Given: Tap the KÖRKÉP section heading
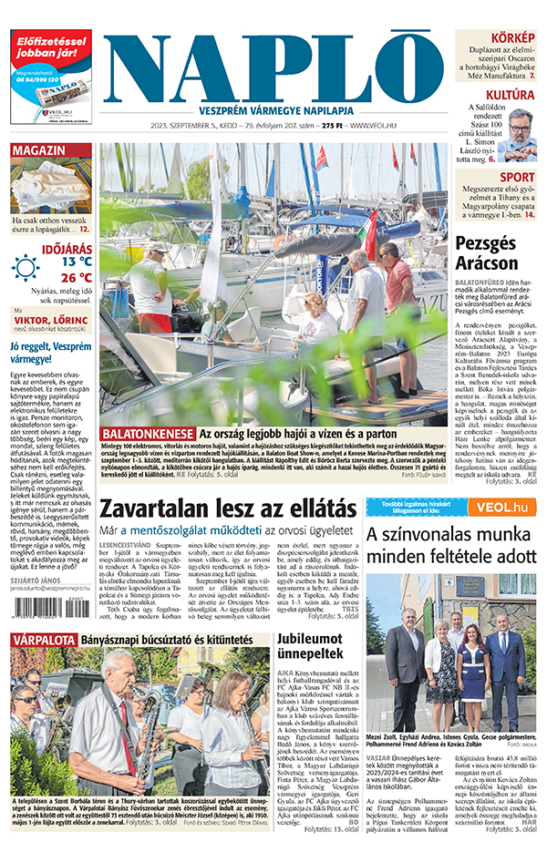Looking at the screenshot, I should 511,37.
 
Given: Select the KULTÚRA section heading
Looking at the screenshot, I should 510,95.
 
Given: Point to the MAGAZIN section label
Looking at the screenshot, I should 37,149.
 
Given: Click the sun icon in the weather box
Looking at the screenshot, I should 26,267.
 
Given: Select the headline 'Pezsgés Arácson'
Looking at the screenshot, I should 499,252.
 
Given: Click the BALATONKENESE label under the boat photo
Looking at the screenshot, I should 148,434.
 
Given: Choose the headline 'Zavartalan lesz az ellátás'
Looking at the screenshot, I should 227,509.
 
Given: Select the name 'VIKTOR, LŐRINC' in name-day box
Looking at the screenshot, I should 51,320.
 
